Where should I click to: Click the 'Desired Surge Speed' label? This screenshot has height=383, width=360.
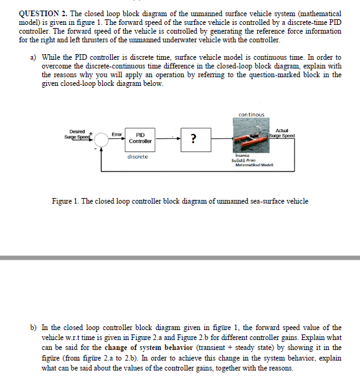[78, 134]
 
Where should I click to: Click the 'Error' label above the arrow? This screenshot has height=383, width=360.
[116, 134]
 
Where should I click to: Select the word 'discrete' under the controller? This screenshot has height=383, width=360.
[137, 157]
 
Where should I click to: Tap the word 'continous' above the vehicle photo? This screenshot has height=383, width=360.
[251, 115]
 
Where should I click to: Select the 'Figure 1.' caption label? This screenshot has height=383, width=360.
[67, 201]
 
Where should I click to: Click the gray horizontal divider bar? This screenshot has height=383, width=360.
[180, 257]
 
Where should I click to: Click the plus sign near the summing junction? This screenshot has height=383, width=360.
[92, 132]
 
